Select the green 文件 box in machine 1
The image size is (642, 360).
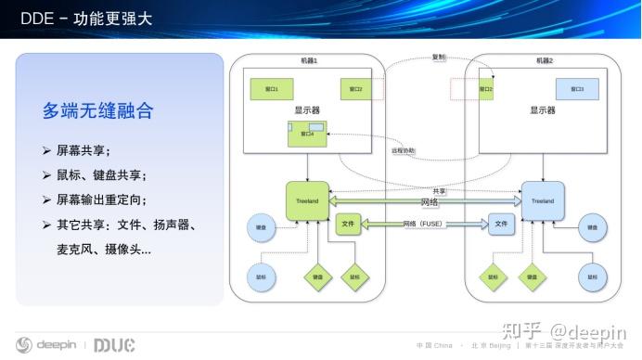[x=347, y=224]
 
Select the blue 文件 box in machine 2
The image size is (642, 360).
[x=501, y=224]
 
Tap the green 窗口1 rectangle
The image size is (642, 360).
[x=272, y=89]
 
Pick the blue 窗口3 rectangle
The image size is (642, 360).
[x=577, y=89]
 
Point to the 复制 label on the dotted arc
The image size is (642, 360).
[x=439, y=57]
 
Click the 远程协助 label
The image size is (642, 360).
[x=404, y=149]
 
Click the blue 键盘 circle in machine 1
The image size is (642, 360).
[x=261, y=225]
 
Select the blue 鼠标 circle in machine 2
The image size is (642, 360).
[x=590, y=276]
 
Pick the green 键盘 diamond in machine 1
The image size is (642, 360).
[x=317, y=276]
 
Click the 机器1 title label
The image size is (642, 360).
[x=309, y=61]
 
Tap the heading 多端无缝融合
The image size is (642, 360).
[x=97, y=111]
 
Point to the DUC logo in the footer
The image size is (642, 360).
[x=114, y=345]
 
